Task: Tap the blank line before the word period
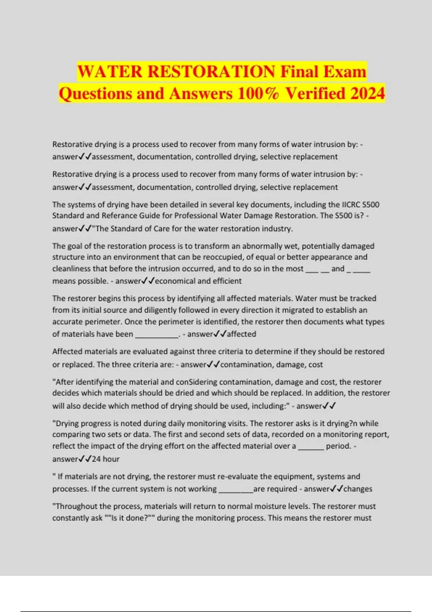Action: click(x=311, y=447)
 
